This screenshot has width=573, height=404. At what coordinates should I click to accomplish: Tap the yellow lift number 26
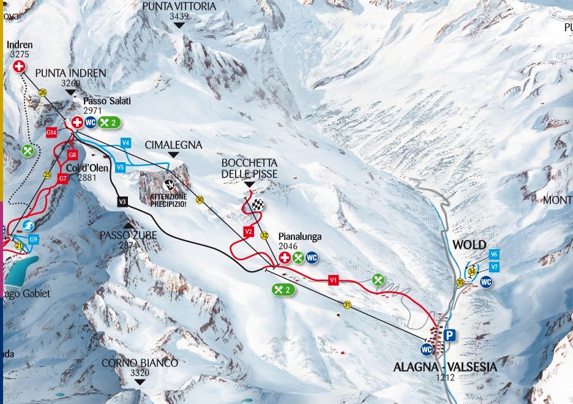pos(42,92)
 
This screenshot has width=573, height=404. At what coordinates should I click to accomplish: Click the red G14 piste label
pos(51,132)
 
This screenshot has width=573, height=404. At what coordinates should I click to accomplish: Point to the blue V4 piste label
pos(125,143)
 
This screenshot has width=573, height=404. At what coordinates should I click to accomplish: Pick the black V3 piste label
pos(122,201)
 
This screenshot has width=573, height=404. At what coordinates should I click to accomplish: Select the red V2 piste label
pos(248,232)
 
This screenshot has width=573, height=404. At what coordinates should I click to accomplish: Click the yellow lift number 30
pos(200,199)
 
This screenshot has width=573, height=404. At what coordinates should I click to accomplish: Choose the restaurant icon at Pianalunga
pos(298,258)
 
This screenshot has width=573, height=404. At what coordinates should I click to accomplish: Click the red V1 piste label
pos(333,280)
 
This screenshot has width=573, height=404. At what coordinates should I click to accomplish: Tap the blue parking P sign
pos(451,335)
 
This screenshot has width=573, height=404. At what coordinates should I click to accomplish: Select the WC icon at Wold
pos(487,282)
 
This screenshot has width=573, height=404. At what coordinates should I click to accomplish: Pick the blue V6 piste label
pos(494,254)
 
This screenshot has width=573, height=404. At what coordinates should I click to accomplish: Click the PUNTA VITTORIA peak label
pos(179,6)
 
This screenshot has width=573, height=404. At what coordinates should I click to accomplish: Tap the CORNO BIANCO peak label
pos(140,363)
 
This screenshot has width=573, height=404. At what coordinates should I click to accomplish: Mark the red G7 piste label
pos(62,179)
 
